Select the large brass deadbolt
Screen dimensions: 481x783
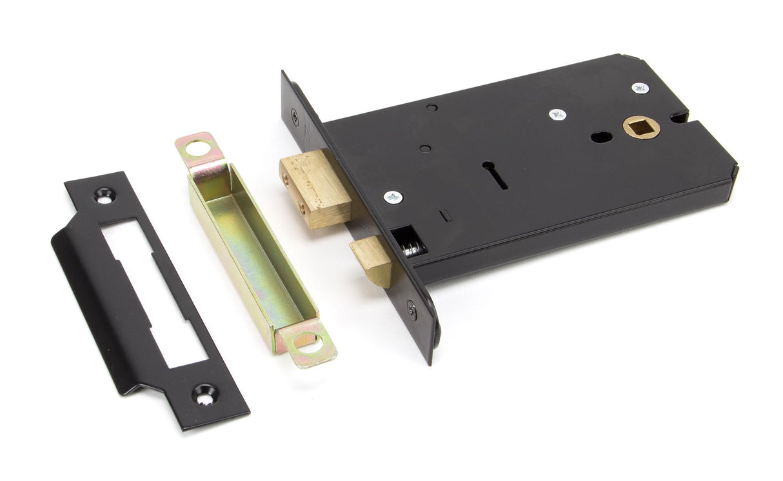click(x=316, y=188)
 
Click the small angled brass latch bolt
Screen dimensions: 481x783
click(x=373, y=259)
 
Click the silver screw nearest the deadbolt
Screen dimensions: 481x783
click(x=392, y=197)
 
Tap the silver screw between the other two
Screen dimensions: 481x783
click(x=557, y=115)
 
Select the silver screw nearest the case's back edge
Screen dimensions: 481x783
click(x=640, y=88)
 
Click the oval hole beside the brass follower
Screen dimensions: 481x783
click(x=601, y=137)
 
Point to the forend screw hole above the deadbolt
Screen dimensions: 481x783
click(x=295, y=117)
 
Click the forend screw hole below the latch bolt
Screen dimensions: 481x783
click(x=412, y=310)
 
